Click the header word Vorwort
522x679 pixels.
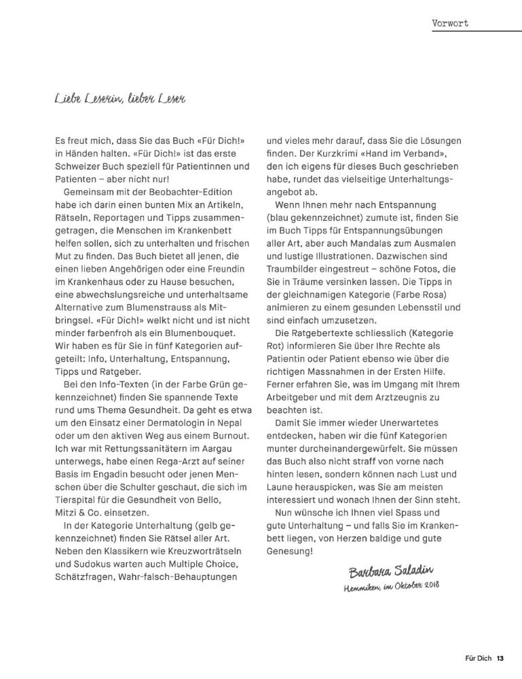450,23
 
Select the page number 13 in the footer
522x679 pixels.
500,658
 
